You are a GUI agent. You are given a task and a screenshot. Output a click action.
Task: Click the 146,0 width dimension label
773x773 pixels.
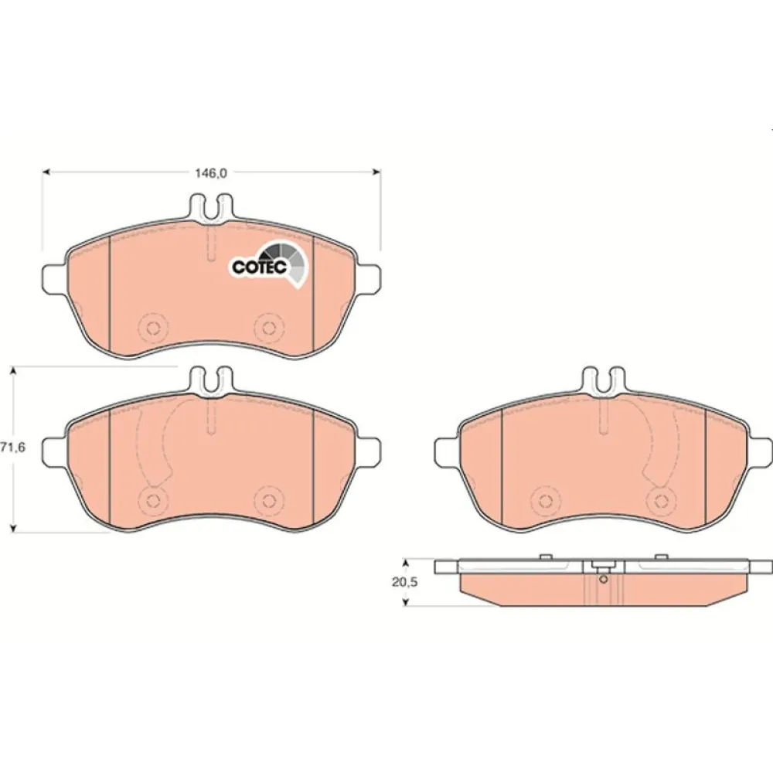[x=210, y=173]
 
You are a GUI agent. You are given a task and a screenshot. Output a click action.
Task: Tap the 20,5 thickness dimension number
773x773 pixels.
[x=400, y=582]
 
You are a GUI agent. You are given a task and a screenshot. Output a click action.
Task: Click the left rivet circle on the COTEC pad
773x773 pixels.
[x=152, y=327]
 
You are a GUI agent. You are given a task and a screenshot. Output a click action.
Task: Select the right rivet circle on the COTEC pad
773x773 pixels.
[x=268, y=327]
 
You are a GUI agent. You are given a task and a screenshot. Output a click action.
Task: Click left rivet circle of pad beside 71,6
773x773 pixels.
[x=152, y=499]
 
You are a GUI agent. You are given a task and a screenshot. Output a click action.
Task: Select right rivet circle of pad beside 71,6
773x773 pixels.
[x=268, y=499]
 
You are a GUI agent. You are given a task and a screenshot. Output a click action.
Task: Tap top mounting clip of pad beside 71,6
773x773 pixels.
[x=211, y=378]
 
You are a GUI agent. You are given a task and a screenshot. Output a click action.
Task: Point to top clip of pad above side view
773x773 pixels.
[x=603, y=378]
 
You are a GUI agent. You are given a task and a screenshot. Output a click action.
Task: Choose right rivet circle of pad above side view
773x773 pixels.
[x=661, y=499]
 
